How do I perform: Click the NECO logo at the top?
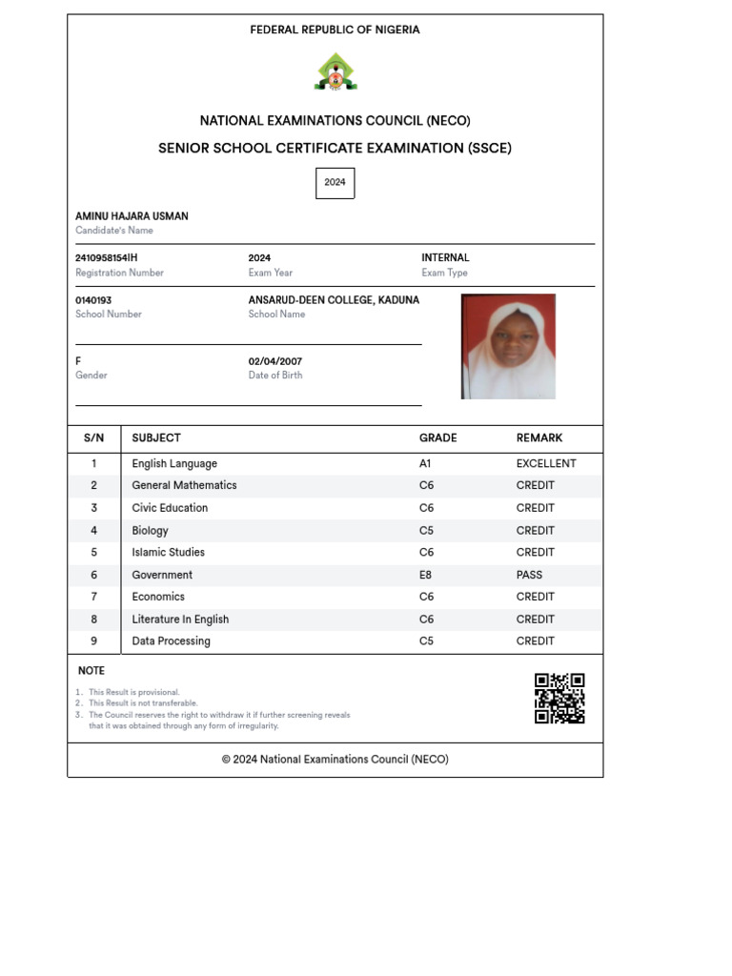coord(335,72)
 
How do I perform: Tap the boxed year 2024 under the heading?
coord(335,182)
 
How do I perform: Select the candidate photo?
coord(508,346)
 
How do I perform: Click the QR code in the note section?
coord(559,699)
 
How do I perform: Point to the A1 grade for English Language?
coord(425,464)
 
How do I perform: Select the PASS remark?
coord(529,575)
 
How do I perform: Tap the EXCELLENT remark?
coord(546,464)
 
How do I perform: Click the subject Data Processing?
coord(171,641)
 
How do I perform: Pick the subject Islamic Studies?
coord(168,553)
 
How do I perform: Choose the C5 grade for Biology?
coord(426,531)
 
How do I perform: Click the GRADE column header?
coord(437,438)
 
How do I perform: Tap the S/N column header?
coord(93,438)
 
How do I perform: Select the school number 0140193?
coord(93,300)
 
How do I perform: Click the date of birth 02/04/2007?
coord(274,361)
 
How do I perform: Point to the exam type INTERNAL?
coord(445,257)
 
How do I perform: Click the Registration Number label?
coord(119,273)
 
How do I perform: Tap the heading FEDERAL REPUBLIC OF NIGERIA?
coord(335,30)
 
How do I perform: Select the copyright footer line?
coord(335,760)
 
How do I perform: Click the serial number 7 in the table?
coord(93,597)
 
